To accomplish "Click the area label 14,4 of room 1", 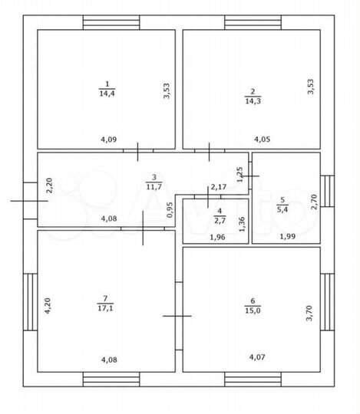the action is (107, 94).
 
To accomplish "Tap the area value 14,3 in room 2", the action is (253, 101).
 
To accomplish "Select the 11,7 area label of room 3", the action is (154, 186).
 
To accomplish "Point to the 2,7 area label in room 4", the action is (220, 220).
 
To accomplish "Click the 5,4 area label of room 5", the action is (282, 209).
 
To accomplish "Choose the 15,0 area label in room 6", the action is (253, 310).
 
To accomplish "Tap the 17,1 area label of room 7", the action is (105, 308).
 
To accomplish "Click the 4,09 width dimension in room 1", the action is (109, 140).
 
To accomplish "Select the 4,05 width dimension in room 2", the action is (263, 139).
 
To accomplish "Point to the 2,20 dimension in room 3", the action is (49, 186).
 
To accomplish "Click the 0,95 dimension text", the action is (170, 210).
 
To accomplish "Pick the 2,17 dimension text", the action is (219, 187).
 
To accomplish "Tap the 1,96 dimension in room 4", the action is (217, 237).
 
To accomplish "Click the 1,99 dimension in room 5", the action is (288, 236).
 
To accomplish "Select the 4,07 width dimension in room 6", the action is (257, 357).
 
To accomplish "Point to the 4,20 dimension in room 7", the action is (48, 306).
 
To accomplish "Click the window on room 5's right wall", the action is (328, 191).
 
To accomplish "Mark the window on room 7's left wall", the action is (30, 302).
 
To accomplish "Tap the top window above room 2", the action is (253, 22).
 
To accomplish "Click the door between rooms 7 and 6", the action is (179, 316).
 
